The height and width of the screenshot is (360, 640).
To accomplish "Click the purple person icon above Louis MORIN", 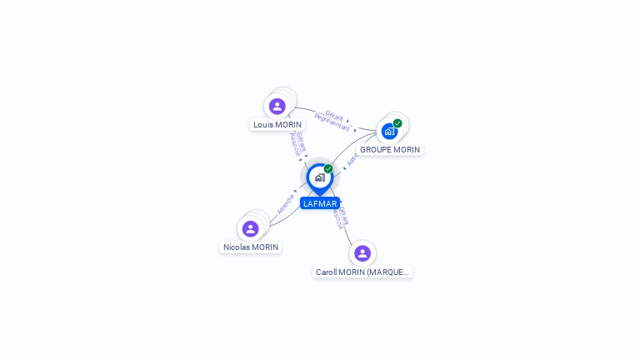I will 277,107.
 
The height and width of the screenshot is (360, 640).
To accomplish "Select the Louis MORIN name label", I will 277,125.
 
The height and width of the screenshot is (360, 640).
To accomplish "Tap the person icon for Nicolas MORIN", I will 250,229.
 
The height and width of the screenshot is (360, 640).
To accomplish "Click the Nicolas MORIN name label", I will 251,247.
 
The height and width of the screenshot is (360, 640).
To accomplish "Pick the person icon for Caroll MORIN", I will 362,253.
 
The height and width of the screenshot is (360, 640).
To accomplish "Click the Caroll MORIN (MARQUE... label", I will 362,272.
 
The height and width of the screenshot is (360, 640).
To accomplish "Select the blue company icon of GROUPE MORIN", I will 388,132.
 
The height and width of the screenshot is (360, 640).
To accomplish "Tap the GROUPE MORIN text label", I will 390,150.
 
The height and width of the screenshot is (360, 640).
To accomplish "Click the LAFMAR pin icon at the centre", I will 318,177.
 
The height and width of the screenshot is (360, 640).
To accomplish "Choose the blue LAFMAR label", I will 320,203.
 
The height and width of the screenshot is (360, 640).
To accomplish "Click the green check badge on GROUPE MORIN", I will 397,123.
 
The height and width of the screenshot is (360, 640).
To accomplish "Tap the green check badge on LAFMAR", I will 328,169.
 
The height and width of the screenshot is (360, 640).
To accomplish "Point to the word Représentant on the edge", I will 332,122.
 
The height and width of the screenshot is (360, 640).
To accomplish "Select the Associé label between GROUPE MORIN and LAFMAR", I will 353,158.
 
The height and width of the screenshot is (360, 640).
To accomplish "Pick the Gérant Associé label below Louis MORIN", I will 297,144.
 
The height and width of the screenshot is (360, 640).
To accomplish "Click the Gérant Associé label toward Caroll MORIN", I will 341,217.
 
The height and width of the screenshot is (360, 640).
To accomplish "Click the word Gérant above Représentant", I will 334,115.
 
